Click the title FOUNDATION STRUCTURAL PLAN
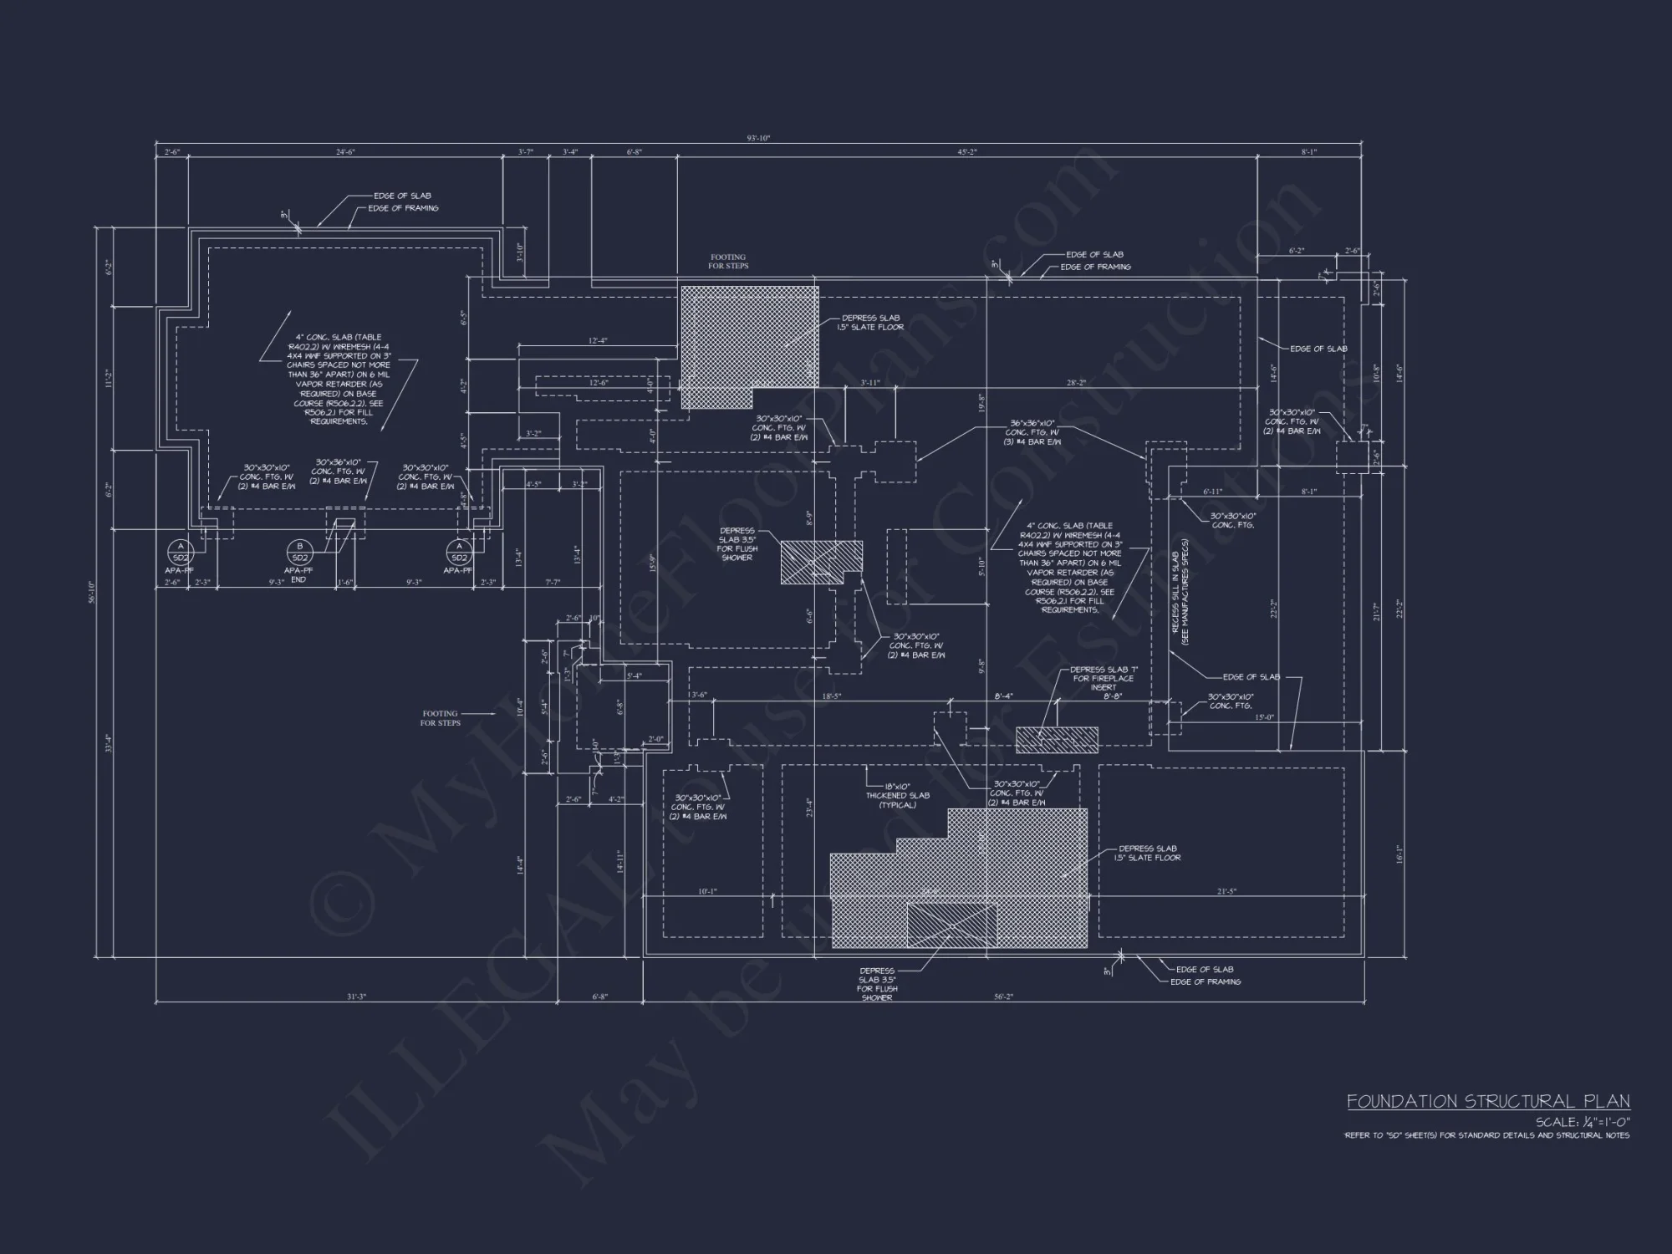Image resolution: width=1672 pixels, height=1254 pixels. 1487,1102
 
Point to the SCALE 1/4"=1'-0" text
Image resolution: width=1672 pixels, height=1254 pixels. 1583,1122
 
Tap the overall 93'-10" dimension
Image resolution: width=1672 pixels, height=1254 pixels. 758,138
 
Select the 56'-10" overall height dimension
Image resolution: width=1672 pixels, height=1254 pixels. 93,597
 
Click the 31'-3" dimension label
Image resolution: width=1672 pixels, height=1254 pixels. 357,997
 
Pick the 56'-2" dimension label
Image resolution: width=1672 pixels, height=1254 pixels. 1003,997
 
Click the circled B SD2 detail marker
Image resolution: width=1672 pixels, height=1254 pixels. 299,553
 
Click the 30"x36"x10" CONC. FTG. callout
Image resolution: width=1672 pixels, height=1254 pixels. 339,472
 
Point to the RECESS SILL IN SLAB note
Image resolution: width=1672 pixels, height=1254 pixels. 1180,599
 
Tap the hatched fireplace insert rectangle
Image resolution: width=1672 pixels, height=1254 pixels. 1057,740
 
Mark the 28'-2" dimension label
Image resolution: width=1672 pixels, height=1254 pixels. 1076,383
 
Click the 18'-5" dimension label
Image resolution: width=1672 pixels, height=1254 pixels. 831,696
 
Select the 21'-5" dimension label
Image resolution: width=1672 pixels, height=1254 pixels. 1226,892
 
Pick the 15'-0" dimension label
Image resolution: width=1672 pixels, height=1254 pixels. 1264,717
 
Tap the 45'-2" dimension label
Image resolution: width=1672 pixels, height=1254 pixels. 966,152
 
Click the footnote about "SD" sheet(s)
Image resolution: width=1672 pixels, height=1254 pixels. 1486,1135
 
